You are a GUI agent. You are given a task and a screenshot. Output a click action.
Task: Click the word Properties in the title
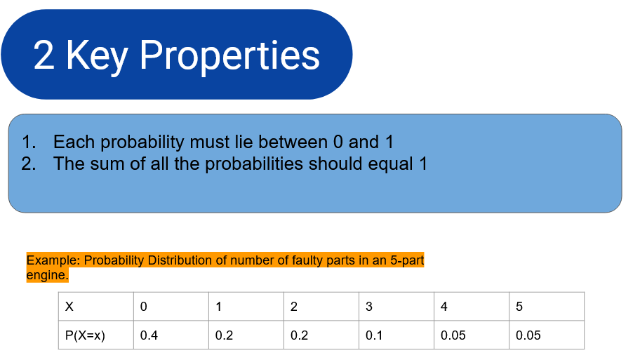[x=229, y=56]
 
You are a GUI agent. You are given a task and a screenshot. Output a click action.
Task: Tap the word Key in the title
[x=97, y=56]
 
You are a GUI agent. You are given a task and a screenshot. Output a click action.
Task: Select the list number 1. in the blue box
[x=29, y=142]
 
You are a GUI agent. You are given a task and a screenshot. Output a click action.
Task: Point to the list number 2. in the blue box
[x=29, y=164]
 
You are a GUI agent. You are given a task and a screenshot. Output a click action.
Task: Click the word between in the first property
[x=293, y=142]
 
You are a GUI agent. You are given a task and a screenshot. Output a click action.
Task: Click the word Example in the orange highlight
[x=53, y=260]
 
